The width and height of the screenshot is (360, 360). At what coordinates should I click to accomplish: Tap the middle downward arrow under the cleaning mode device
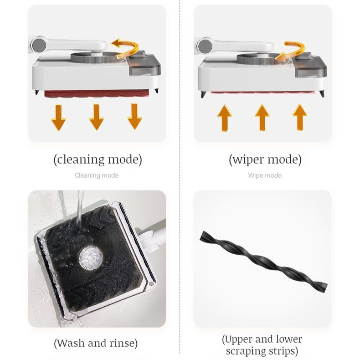(97, 117)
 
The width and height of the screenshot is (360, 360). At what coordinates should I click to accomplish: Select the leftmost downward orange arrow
(58, 118)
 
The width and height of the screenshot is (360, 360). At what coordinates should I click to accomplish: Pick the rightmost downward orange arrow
(134, 116)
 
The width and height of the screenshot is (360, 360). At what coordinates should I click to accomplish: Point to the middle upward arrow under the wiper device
(262, 118)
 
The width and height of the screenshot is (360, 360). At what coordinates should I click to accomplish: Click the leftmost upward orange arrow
(225, 118)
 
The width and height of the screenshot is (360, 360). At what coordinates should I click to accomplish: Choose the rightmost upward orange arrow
(300, 117)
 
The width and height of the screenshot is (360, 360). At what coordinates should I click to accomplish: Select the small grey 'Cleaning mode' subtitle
(97, 175)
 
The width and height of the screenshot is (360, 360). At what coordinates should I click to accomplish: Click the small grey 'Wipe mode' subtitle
(265, 175)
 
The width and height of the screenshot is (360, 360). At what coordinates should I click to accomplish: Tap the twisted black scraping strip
(263, 262)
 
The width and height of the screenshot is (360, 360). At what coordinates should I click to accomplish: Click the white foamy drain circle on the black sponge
(91, 258)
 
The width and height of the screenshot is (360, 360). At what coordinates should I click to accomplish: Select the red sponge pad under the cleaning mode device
(97, 94)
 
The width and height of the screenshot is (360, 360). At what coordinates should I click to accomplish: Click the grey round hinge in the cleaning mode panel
(39, 45)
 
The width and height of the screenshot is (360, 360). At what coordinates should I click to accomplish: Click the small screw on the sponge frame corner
(151, 284)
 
